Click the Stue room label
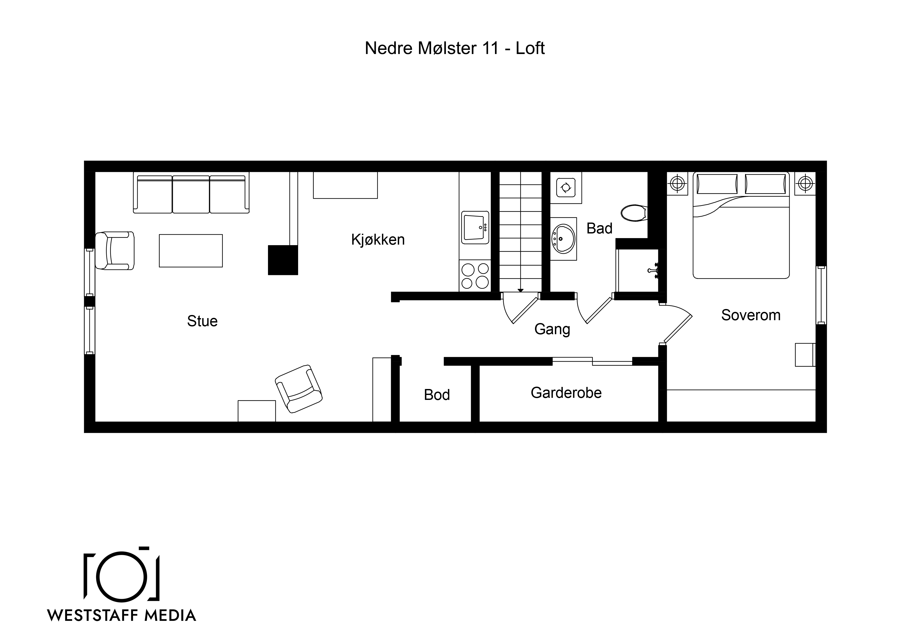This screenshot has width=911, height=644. point(202,321)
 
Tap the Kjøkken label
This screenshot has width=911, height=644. point(378,240)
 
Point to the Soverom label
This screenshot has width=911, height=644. point(751,315)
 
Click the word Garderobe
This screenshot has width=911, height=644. point(566,393)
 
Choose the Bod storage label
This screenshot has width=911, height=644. point(437,395)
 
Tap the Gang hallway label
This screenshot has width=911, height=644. point(552,329)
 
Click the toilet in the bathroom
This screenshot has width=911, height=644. point(634,213)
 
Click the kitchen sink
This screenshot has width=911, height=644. point(475,227)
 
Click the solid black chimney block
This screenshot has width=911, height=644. point(283,260)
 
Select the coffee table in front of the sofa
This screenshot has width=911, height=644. point(191,251)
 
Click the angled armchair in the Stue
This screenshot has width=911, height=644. point(299,389)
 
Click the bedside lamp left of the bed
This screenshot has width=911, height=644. point(677,183)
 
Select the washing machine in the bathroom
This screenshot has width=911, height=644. point(566,187)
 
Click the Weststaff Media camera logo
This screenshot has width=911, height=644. point(122,575)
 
